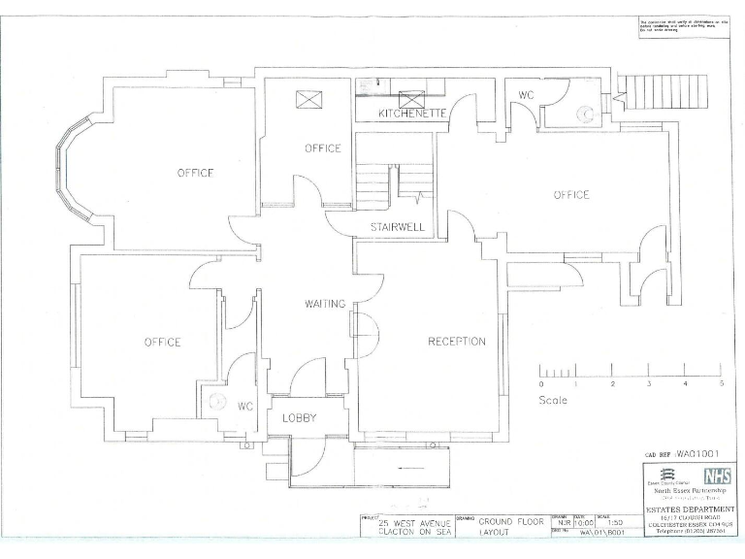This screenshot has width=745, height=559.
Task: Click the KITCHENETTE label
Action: (411, 114)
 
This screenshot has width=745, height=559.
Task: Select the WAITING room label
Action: (325, 304)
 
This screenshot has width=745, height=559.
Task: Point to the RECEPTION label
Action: (457, 342)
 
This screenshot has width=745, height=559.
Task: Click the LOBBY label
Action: (300, 418)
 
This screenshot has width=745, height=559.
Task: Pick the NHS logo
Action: (716, 476)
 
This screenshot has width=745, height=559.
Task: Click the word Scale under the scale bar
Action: (553, 400)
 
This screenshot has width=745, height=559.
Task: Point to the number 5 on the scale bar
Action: (721, 385)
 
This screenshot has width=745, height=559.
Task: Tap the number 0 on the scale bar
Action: (540, 385)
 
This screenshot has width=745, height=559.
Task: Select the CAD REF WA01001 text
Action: (679, 453)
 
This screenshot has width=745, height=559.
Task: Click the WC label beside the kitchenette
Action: (526, 96)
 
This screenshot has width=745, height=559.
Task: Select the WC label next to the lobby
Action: (245, 407)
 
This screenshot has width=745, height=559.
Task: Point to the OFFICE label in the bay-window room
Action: (195, 173)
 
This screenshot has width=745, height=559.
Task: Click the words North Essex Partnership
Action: (689, 491)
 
